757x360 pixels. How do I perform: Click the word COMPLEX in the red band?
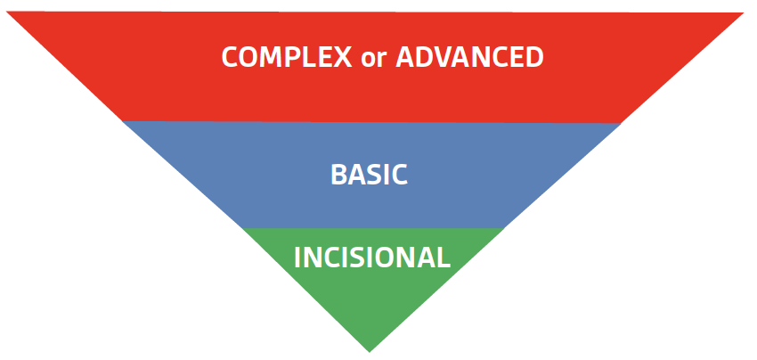click(x=287, y=57)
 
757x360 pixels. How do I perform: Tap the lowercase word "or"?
click(x=374, y=60)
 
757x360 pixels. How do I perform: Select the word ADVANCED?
click(x=469, y=57)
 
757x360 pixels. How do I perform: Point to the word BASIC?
click(x=370, y=175)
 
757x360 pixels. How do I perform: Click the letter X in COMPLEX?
click(x=342, y=57)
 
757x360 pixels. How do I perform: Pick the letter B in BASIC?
click(x=338, y=175)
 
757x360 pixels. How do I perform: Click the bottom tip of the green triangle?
click(x=370, y=352)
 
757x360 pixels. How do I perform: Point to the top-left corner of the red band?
click(x=7, y=12)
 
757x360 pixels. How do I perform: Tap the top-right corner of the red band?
click(x=744, y=13)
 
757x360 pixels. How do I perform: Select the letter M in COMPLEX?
click(x=273, y=57)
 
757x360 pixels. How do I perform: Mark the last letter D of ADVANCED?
click(x=535, y=57)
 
